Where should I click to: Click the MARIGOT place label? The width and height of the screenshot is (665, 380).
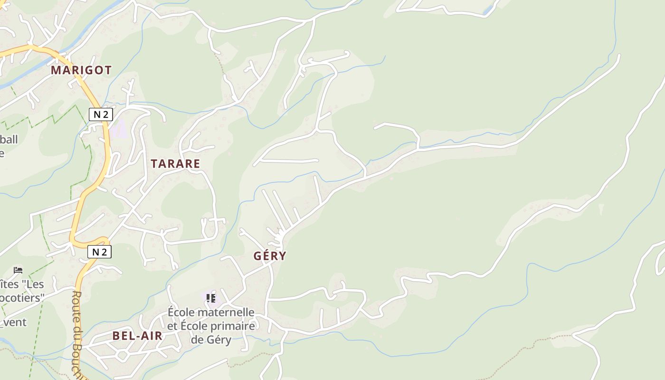(x=81, y=70)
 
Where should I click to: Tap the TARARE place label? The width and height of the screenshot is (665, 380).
(x=175, y=164)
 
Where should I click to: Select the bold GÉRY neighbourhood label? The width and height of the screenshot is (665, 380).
(x=270, y=256)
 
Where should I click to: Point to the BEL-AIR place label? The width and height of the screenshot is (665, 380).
(x=137, y=336)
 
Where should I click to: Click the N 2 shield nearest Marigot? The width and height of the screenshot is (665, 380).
(x=101, y=114)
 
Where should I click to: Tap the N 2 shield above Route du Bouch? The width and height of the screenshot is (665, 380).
(x=99, y=252)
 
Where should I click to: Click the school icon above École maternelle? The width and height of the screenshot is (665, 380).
(x=211, y=298)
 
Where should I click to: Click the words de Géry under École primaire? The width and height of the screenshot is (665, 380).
(x=211, y=340)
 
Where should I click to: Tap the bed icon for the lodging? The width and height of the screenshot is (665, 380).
(x=18, y=270)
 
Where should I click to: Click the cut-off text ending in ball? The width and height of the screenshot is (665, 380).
(x=9, y=139)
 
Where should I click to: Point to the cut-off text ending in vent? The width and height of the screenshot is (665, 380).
(x=13, y=323)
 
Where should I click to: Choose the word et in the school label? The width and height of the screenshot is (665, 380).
(x=172, y=326)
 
